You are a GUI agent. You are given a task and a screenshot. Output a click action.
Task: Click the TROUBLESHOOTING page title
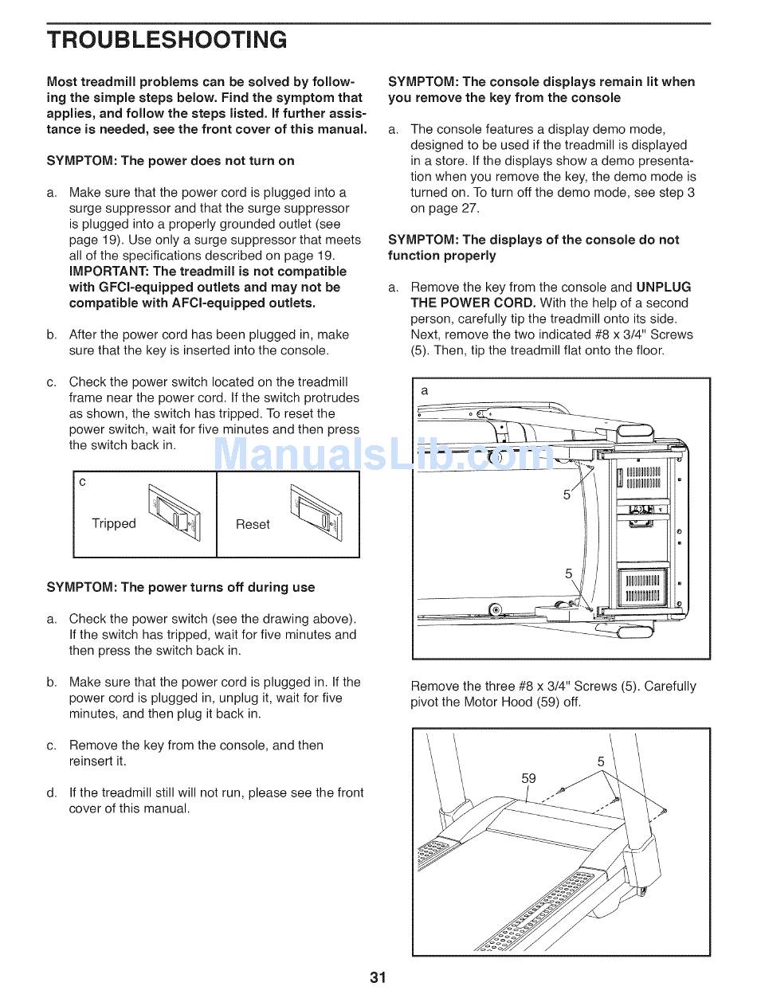pos(167,40)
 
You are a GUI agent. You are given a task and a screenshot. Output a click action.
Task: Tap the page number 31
pos(378,977)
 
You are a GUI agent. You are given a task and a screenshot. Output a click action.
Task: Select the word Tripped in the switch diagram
pos(114,523)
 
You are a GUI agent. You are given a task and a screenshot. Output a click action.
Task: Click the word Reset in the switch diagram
pos(253,524)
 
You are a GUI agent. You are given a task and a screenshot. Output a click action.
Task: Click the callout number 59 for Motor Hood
pos(528,778)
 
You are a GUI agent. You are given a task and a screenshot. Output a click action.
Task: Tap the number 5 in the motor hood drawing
pos(601,761)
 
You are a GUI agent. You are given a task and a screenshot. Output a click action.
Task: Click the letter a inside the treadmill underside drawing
pos(425,390)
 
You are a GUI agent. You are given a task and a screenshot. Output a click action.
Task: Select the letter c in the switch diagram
pos(83,483)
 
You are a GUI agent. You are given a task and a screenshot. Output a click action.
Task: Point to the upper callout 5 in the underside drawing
pos(567,495)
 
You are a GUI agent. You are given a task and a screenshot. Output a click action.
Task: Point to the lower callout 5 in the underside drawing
pos(568,573)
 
